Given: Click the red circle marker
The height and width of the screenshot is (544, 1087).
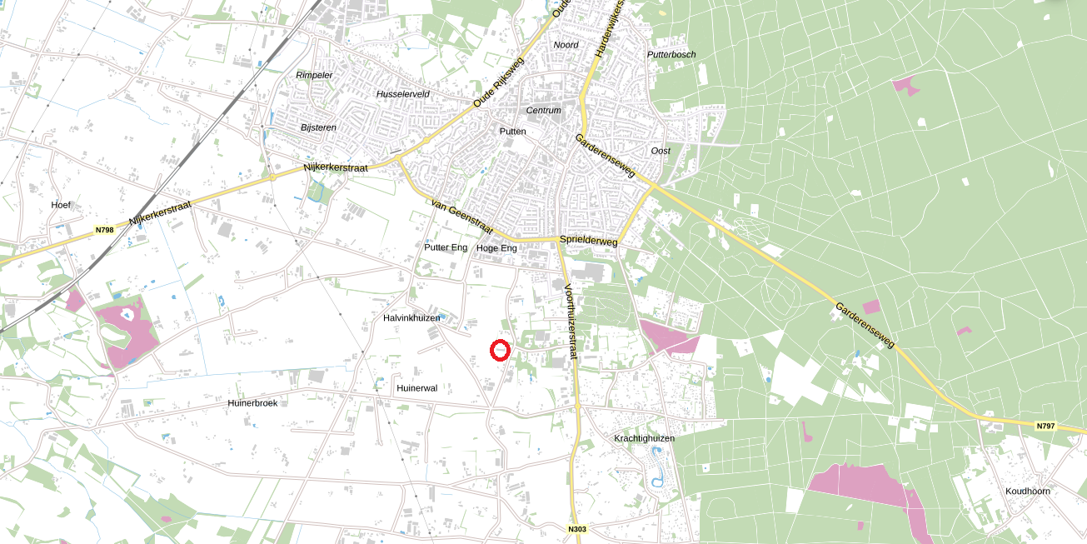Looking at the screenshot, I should tap(500, 351).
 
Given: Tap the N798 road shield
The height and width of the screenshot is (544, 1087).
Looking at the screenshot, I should tap(104, 230).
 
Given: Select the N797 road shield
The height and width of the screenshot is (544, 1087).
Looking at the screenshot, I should tap(1045, 426).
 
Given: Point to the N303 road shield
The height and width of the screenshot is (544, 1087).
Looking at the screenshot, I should tap(577, 529).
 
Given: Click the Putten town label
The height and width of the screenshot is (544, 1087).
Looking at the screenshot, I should tap(513, 132).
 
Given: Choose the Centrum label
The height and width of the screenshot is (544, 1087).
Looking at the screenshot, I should tap(544, 110).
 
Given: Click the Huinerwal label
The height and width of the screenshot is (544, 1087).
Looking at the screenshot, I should tap(417, 388).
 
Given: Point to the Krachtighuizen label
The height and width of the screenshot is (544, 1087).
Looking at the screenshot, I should tap(644, 438).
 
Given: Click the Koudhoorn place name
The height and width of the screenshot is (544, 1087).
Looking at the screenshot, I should tap(1028, 491).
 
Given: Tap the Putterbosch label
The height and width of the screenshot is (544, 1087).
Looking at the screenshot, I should tap(671, 55).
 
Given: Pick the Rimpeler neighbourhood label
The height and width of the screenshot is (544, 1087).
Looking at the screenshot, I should tap(314, 75).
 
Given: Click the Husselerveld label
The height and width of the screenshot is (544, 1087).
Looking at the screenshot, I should tap(403, 94).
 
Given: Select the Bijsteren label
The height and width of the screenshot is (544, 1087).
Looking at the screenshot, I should tap(319, 127).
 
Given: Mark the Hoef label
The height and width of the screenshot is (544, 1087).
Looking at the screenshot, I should tap(62, 205).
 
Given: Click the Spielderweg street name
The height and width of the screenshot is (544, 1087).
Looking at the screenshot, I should tap(589, 241).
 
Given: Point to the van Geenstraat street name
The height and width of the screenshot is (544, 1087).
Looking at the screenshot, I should tap(461, 217).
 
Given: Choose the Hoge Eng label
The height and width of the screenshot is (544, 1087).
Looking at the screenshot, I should tap(496, 248).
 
